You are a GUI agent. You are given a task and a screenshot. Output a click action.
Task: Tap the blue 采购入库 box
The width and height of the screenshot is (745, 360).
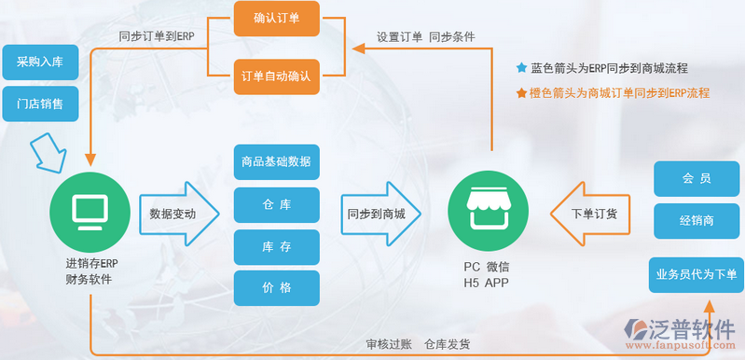click(40, 62)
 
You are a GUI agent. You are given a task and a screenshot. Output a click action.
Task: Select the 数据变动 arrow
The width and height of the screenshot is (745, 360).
click(177, 214)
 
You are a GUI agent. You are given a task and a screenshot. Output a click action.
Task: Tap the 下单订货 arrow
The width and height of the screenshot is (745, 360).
click(592, 214)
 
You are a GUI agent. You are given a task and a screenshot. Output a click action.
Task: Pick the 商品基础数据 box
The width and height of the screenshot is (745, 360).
click(276, 162)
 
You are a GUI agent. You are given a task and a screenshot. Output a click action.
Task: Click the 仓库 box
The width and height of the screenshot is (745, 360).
click(276, 204)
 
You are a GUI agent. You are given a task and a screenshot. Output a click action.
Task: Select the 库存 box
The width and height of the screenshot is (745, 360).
click(276, 246)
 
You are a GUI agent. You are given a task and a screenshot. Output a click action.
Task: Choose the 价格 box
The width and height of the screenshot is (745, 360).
click(276, 287)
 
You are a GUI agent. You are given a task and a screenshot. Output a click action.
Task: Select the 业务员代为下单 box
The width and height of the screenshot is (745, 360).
click(696, 274)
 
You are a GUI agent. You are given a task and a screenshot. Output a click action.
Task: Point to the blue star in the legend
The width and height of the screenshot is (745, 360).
click(521, 68)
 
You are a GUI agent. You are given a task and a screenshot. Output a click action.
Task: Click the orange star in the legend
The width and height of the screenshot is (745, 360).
click(521, 93)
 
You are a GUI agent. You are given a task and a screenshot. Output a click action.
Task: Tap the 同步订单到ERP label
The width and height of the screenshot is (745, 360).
click(156, 37)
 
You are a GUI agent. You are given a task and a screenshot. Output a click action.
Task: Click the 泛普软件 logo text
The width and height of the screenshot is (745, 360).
click(695, 329)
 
